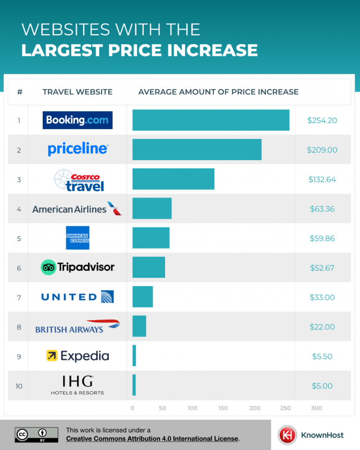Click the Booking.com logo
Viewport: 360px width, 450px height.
click(x=77, y=120)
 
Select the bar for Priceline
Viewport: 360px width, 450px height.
click(x=197, y=150)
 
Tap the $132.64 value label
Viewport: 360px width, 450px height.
click(x=322, y=179)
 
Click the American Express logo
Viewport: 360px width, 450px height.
click(x=77, y=238)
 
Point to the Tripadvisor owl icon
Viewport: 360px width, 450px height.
click(x=48, y=267)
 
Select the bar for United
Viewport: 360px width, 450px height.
click(x=142, y=297)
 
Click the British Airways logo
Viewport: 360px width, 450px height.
click(x=77, y=327)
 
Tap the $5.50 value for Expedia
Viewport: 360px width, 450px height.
click(x=322, y=356)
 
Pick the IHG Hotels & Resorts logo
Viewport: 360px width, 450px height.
click(x=77, y=385)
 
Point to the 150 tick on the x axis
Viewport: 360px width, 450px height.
click(x=223, y=408)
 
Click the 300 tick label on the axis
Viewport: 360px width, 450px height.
click(x=316, y=408)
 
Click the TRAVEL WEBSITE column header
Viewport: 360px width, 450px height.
click(x=77, y=92)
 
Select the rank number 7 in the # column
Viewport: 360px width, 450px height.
click(x=19, y=297)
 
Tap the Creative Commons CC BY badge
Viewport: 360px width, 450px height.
click(x=37, y=435)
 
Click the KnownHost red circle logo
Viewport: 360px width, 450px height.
click(x=286, y=435)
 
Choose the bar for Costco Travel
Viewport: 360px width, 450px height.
click(x=173, y=179)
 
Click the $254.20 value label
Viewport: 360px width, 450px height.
click(x=322, y=120)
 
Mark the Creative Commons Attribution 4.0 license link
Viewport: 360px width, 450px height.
click(x=152, y=439)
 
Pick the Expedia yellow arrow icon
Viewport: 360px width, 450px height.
click(x=52, y=356)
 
